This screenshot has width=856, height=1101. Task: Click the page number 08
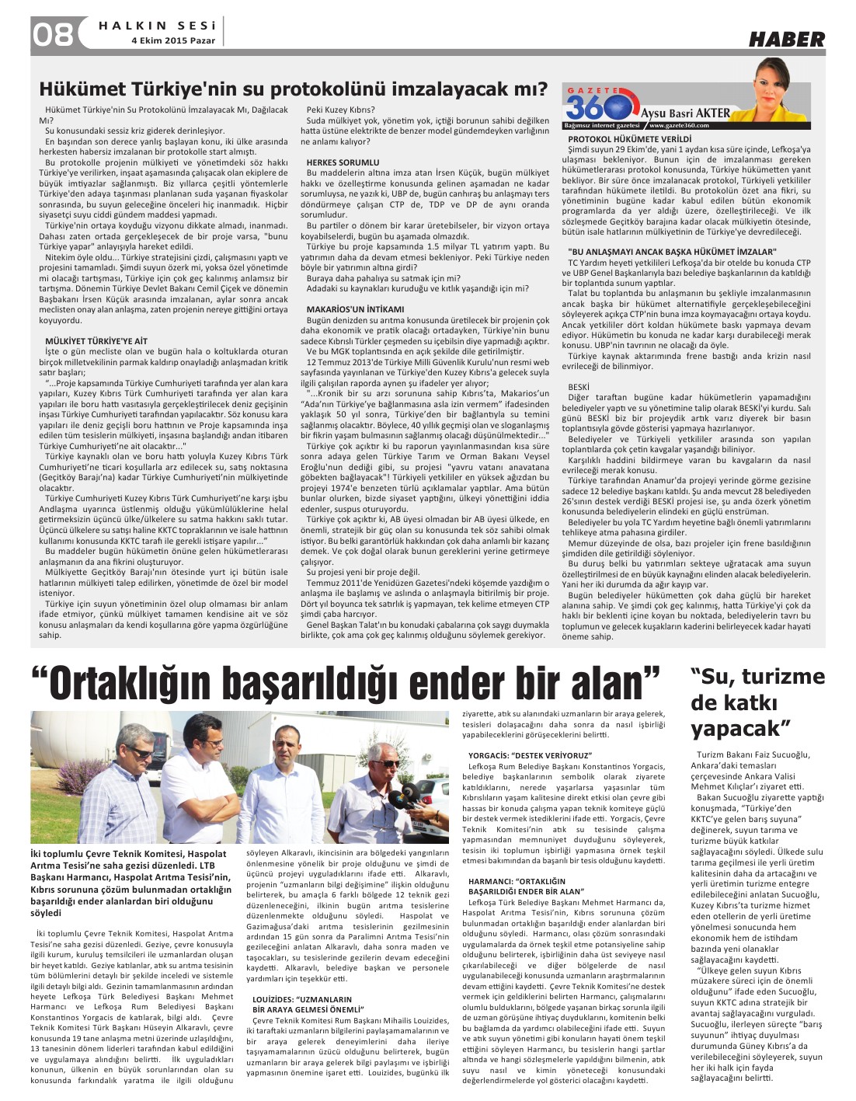[x=53, y=33]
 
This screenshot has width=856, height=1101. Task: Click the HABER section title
[x=786, y=39]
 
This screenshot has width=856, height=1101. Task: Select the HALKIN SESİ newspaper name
[x=158, y=26]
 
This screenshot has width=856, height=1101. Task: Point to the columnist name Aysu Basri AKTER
[x=686, y=113]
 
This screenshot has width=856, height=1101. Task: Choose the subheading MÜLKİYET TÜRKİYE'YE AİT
[x=96, y=341]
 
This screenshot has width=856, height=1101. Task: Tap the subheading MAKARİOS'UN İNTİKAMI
[x=355, y=309]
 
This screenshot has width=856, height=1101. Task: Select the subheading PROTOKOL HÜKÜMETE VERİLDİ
[x=629, y=139]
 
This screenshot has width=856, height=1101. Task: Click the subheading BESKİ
[x=578, y=387]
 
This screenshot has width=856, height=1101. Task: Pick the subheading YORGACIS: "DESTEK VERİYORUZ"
[x=530, y=755]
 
